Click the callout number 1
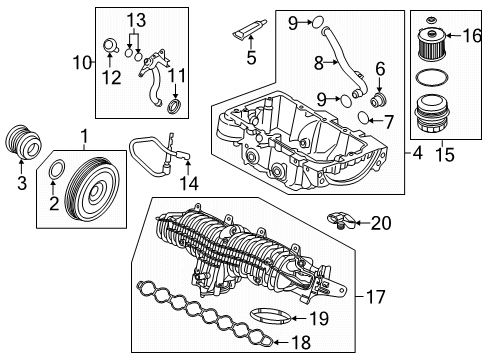(84, 134)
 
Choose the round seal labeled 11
(174, 106)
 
